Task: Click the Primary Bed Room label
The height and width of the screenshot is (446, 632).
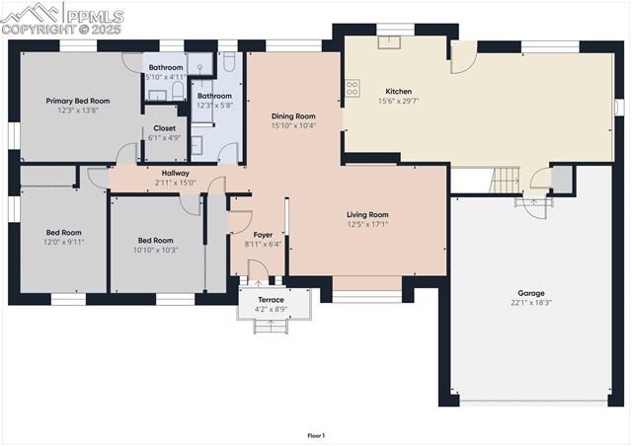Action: pos(78,101)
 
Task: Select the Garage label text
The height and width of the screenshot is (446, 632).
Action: pos(531,293)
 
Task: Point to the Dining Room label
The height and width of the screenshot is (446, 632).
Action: pos(293,116)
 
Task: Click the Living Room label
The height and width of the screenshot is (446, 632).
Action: pos(367,214)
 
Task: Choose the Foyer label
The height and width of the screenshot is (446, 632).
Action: pos(263,235)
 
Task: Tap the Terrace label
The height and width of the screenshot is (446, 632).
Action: pos(271,300)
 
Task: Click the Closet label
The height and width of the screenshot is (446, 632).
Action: pos(164,128)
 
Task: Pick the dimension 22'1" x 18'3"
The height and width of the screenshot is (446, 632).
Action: pos(531,303)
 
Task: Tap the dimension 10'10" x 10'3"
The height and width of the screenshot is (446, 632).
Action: pos(156,250)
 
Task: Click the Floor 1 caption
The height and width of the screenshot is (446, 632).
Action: pos(316,435)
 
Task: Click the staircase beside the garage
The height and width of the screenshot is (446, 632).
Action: pos(505,181)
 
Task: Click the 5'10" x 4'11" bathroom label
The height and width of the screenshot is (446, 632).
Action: pos(166,72)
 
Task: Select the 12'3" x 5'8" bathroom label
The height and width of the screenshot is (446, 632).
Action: pos(214,101)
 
